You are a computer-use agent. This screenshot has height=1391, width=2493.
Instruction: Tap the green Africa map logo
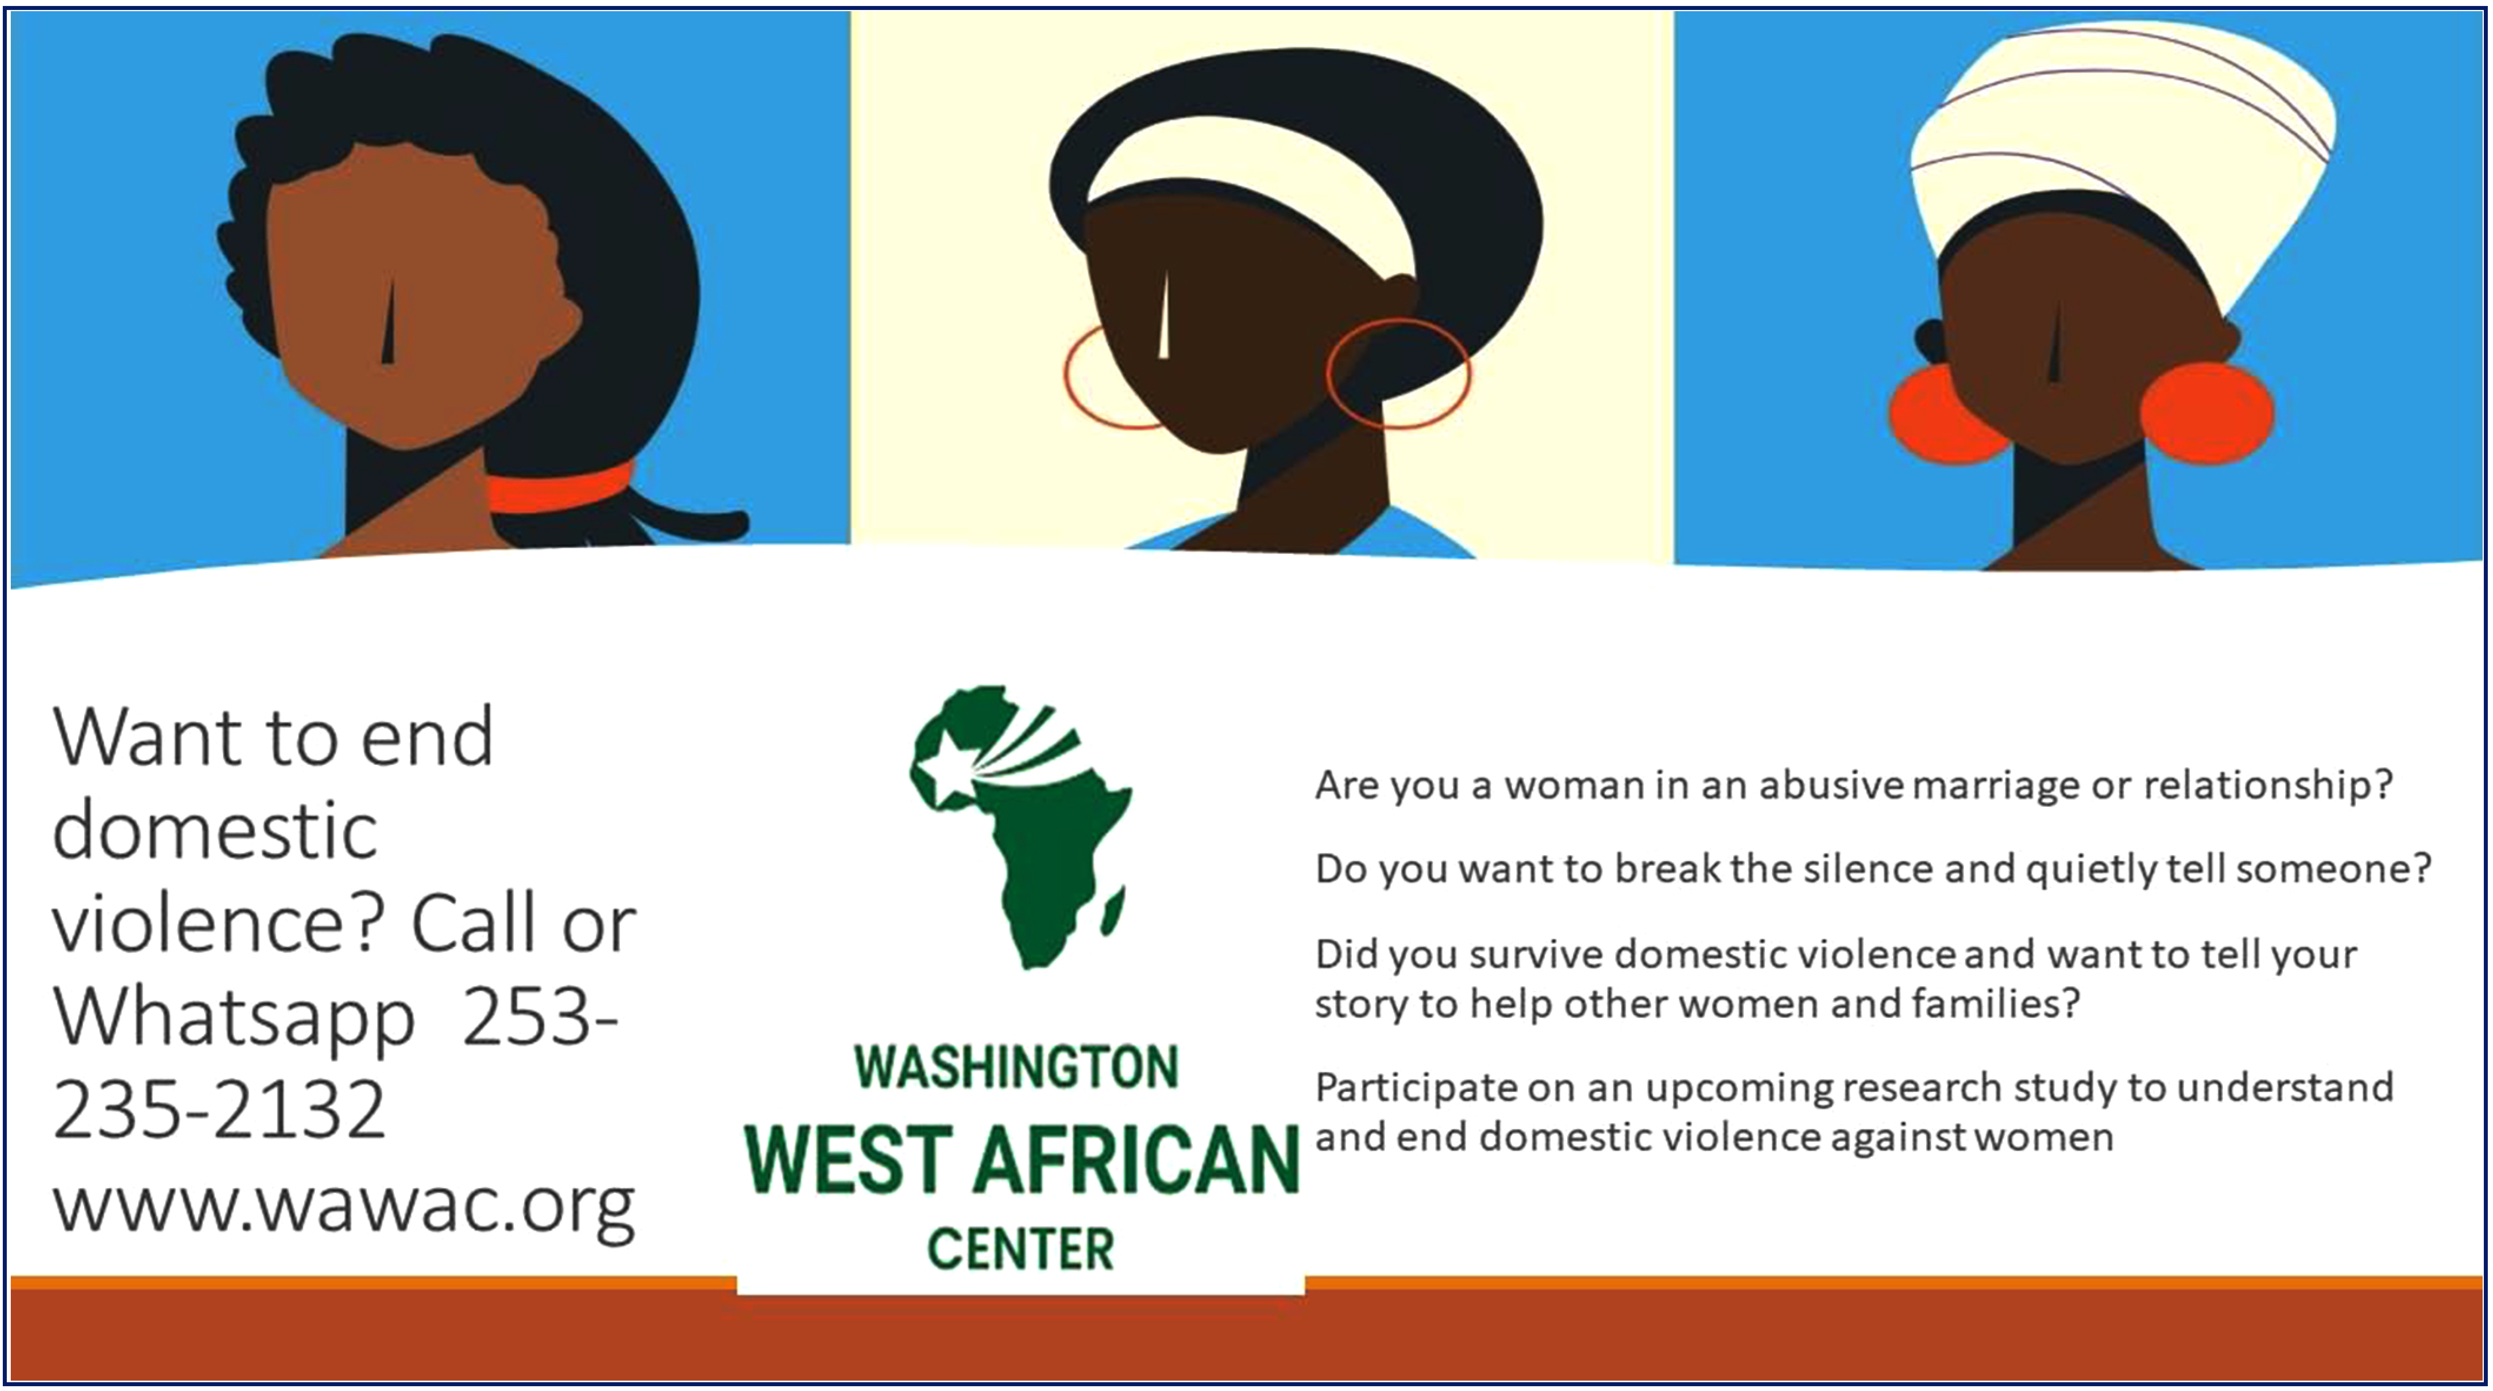(1021, 827)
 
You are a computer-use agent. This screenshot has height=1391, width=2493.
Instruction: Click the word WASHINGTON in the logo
(1016, 1067)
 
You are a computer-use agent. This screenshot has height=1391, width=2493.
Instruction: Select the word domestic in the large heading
(215, 830)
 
